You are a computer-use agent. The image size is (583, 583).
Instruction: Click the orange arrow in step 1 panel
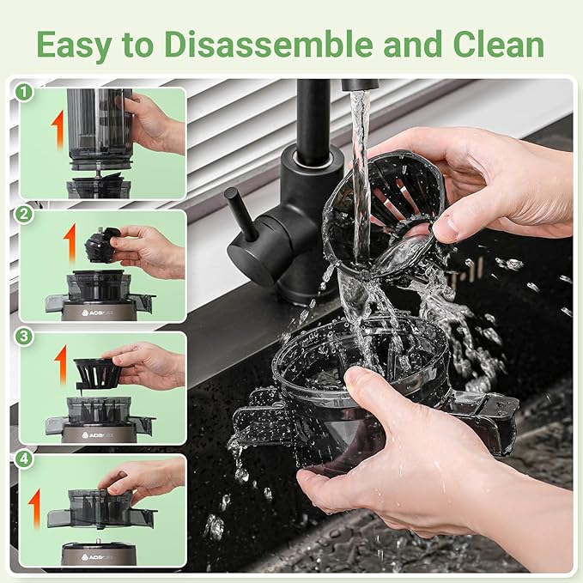[x=58, y=129]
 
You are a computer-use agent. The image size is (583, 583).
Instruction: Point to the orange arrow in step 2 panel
[x=70, y=243]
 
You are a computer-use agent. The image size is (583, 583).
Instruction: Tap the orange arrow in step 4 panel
[x=34, y=507]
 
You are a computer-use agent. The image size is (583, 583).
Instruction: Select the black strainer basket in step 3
[x=96, y=372]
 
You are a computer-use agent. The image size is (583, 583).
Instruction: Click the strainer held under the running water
[x=391, y=206]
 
